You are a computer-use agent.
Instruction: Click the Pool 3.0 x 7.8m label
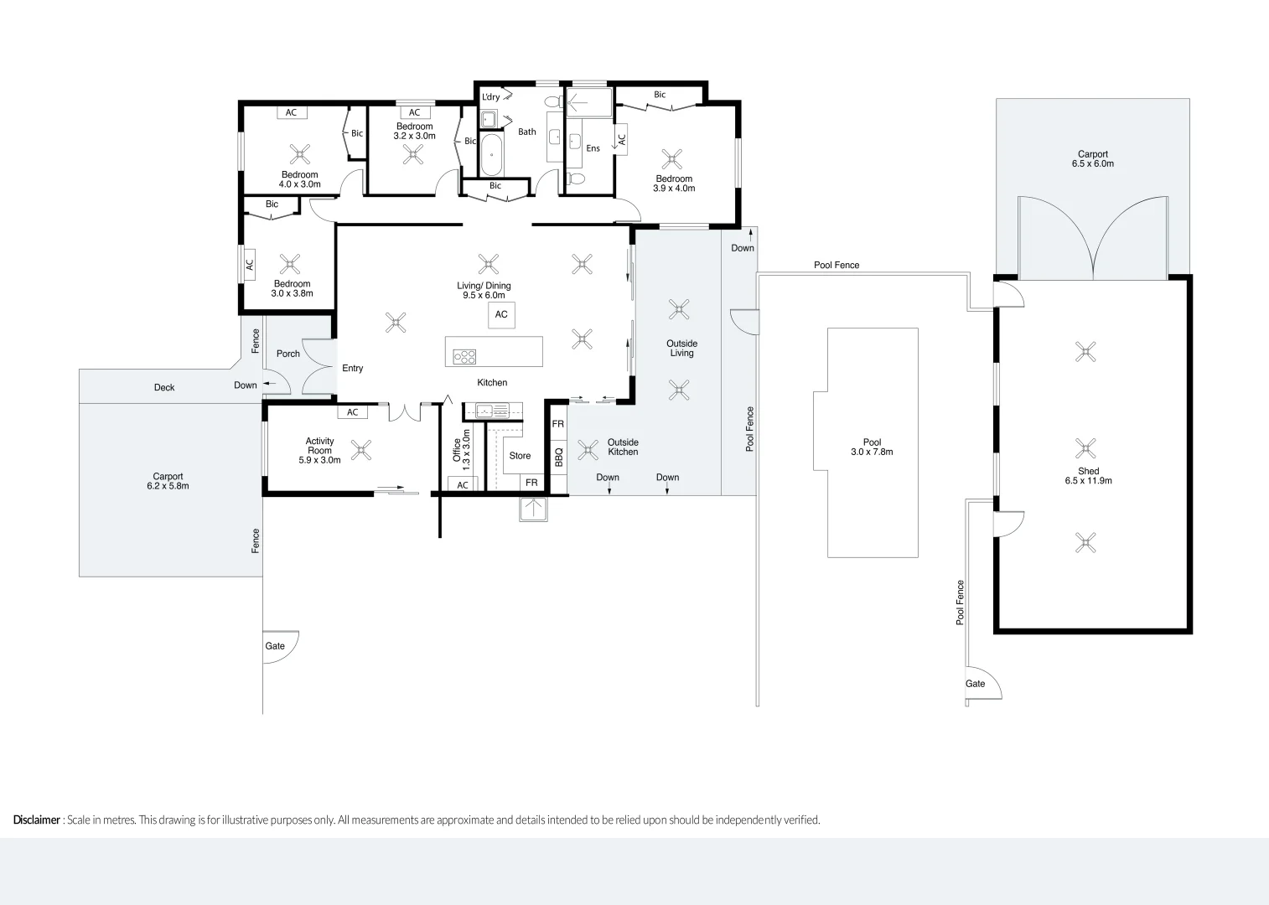(x=872, y=447)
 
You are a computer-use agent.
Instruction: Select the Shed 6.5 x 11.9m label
(x=1088, y=476)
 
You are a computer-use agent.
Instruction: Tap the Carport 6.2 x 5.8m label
(x=168, y=481)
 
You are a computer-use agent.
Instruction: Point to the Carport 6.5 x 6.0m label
(x=1092, y=158)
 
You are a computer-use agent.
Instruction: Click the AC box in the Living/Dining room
(x=501, y=315)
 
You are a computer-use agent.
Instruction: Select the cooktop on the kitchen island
(x=464, y=356)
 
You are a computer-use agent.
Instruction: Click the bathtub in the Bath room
(x=491, y=155)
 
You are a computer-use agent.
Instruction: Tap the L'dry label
(x=490, y=97)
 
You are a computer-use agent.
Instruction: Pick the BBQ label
(x=559, y=457)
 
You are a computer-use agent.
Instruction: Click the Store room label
(x=520, y=456)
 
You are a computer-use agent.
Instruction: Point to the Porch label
(x=287, y=354)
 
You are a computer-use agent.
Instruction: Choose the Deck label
(x=164, y=387)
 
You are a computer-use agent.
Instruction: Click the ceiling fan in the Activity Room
(x=361, y=450)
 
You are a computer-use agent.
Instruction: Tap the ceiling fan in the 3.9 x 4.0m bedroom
(x=671, y=159)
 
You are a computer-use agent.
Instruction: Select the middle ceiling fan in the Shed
(x=1085, y=447)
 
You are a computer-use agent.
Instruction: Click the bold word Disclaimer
(x=36, y=820)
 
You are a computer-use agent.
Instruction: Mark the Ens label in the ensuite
(x=593, y=148)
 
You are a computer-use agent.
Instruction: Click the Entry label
(x=352, y=368)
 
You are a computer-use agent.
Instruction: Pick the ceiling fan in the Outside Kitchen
(x=588, y=450)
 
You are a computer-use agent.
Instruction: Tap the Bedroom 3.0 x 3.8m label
(x=292, y=288)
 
